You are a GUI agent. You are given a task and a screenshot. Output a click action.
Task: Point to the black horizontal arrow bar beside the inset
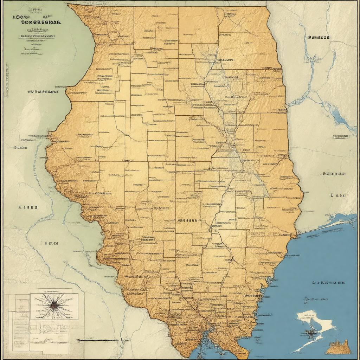point(98,340)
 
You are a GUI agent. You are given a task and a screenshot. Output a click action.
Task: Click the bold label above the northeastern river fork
point(319,37)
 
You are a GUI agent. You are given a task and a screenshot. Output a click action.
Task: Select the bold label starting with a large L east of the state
point(338,195)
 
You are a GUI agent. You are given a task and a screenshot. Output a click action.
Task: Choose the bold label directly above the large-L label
point(334,174)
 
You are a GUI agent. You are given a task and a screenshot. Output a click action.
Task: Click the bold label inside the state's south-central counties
point(187,221)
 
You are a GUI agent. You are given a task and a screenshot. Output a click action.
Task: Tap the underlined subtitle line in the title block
point(37,36)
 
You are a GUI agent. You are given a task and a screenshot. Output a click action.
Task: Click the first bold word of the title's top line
point(21,17)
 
